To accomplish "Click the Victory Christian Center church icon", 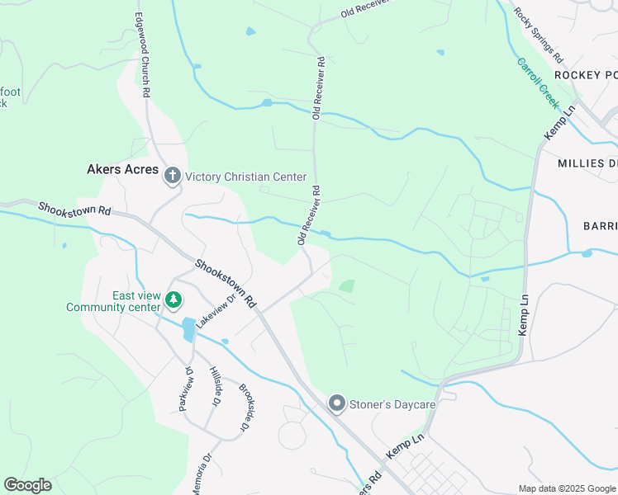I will click(173, 175).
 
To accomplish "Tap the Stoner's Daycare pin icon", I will click(336, 403).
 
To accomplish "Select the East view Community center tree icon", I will click(173, 299).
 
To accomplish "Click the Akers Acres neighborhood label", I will click(121, 170).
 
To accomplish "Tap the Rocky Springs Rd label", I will click(538, 35).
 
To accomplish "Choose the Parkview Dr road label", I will click(185, 389).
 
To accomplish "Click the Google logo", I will click(27, 485).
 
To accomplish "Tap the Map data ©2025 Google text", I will click(567, 488).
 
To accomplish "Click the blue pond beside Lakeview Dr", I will click(188, 329).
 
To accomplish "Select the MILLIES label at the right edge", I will click(587, 163).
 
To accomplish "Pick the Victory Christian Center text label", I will click(245, 177).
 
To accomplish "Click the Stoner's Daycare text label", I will click(392, 404).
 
